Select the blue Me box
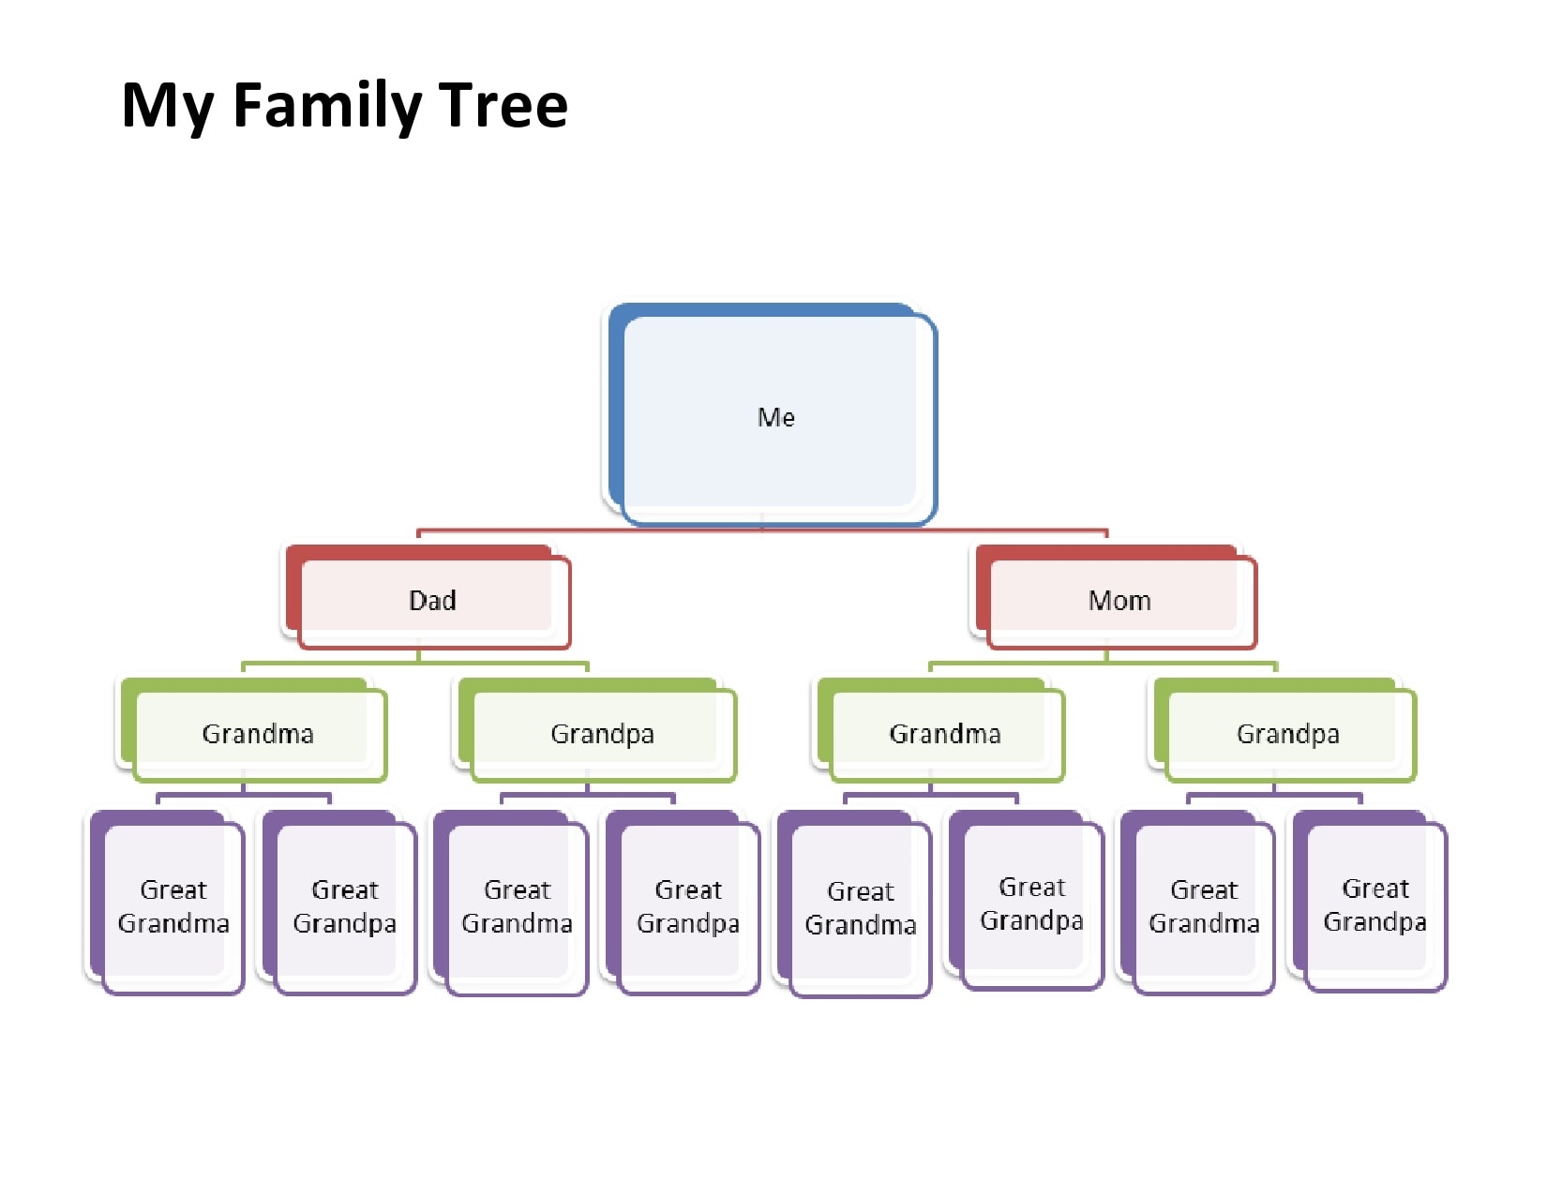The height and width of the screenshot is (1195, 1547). tap(776, 417)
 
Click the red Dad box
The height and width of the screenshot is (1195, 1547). tap(432, 601)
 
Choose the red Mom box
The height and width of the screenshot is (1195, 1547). tap(1119, 601)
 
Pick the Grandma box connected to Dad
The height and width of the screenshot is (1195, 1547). tap(258, 734)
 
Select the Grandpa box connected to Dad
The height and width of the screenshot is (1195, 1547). tap(602, 734)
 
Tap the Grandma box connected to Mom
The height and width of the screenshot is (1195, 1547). tap(945, 734)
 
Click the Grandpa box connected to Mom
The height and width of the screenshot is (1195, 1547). tap(1287, 734)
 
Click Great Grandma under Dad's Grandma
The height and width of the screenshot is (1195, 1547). tap(173, 906)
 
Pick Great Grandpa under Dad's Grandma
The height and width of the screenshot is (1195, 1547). tap(344, 906)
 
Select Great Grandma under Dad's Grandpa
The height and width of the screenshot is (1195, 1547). tap(517, 906)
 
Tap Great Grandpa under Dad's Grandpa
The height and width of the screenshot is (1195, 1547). tap(688, 906)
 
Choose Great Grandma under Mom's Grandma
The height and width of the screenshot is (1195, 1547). tap(860, 908)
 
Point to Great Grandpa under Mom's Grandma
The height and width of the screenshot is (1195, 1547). tap(1031, 904)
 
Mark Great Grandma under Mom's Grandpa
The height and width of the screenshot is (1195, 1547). tap(1204, 906)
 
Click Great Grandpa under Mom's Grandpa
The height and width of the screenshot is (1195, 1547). tap(1374, 904)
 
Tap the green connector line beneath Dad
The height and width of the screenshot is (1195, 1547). tap(506, 664)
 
